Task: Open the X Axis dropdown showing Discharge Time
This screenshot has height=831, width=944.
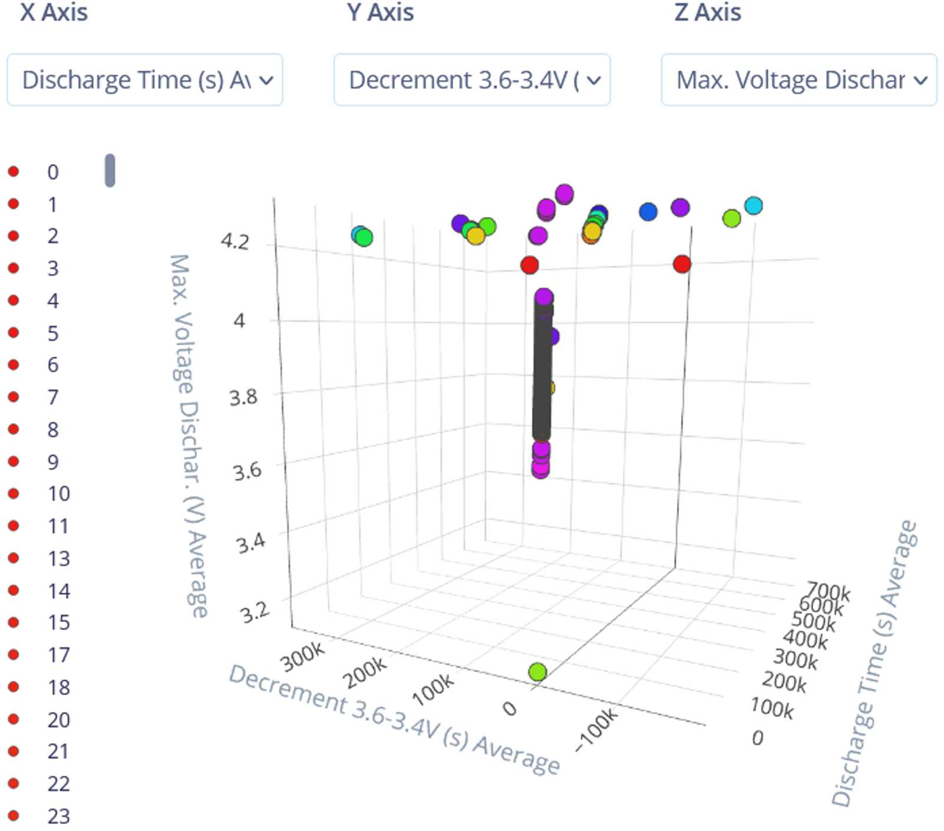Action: pos(144,80)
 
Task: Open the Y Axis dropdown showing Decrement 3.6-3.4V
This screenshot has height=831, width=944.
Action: pos(471,80)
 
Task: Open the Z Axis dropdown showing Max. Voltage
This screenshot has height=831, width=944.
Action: pos(798,80)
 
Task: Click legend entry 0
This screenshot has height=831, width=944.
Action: pos(52,172)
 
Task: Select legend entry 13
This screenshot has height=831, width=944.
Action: pos(58,558)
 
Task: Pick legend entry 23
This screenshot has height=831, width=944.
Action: pos(58,816)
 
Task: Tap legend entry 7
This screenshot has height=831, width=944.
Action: pos(52,397)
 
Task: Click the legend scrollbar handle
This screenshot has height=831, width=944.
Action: pos(110,170)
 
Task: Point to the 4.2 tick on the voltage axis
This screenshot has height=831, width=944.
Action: pos(235,241)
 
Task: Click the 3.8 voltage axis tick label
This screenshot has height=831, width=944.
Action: pos(243,397)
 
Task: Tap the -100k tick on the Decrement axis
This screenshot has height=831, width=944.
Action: pos(596,730)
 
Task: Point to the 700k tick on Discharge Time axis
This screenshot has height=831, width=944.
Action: pos(828,591)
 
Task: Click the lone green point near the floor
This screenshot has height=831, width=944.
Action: pos(537,672)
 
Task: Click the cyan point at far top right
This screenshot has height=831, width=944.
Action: pos(753,206)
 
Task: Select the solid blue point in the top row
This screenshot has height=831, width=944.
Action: pos(648,212)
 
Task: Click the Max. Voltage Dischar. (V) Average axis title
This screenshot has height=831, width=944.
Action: pos(189,436)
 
